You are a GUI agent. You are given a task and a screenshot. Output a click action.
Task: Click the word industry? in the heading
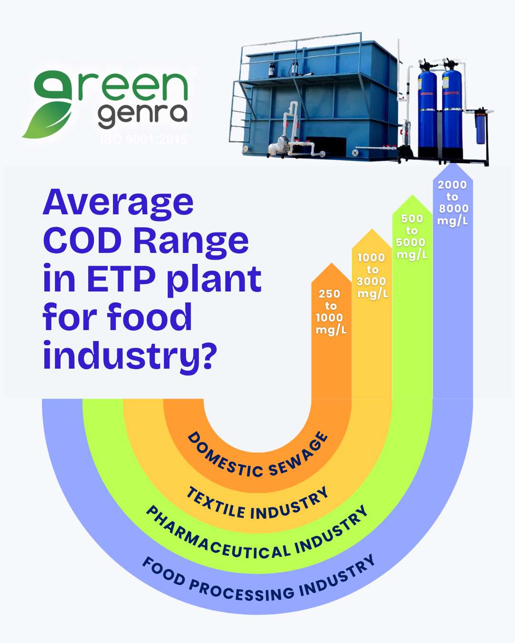(x=130, y=356)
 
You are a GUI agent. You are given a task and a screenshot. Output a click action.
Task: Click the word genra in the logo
(x=142, y=114)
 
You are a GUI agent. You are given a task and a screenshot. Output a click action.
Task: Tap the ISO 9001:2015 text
(x=144, y=140)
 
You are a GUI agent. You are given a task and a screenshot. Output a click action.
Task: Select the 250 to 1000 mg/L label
(x=330, y=312)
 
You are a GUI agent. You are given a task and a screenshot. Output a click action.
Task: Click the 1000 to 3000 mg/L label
(x=372, y=276)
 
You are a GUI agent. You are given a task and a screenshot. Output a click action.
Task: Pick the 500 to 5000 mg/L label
(x=412, y=237)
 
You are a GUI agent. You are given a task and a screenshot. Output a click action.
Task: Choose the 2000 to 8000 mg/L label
(x=453, y=202)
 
